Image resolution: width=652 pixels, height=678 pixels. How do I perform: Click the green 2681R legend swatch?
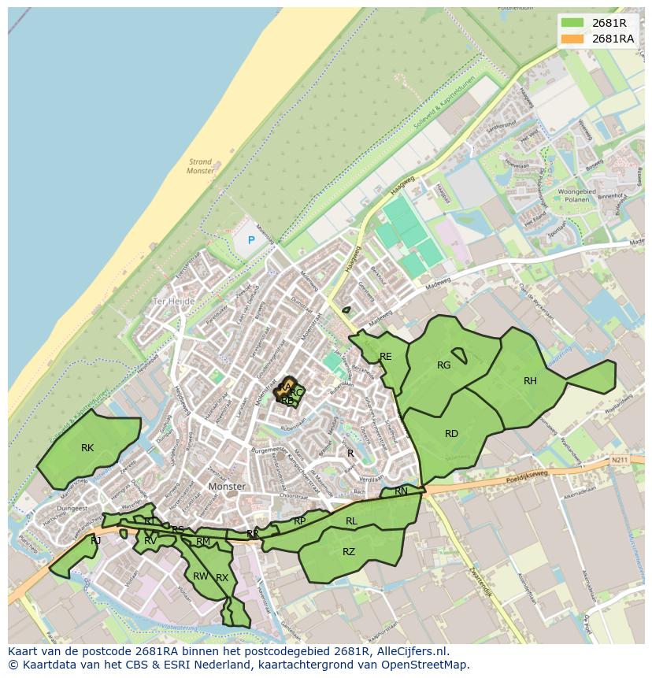pos(574,23)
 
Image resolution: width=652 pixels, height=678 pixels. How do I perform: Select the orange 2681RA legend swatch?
pos(574,39)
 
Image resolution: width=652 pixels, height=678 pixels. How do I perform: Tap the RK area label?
pos(87,448)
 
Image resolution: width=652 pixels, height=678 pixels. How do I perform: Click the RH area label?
pos(530,381)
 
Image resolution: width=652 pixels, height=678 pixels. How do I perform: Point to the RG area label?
pos(443,365)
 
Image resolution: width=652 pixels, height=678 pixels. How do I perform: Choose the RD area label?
pos(451,434)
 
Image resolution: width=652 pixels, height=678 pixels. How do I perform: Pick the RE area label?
pos(385,357)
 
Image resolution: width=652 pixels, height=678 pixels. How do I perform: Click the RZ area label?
pos(349,552)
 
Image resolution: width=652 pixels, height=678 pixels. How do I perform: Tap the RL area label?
pos(351,521)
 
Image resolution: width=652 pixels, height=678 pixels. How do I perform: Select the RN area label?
pos(401,491)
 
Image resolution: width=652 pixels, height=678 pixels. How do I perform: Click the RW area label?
pos(200,576)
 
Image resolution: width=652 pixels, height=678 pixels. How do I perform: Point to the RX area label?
pos(222,578)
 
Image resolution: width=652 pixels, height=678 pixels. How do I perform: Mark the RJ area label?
pos(95,541)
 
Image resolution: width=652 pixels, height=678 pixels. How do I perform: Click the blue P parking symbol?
pos(251,239)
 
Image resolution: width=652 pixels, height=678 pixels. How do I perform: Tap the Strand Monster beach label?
pos(201,166)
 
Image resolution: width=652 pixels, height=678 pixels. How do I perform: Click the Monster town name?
pos(228,487)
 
